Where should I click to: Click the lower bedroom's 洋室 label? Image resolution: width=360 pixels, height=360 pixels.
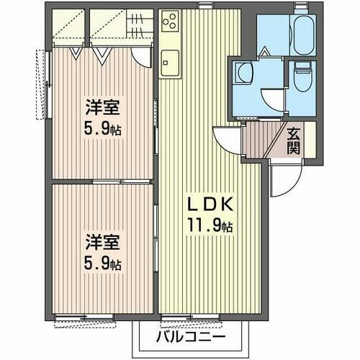coord(102,241)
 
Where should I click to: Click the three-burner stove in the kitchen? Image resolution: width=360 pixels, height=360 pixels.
coord(172,24)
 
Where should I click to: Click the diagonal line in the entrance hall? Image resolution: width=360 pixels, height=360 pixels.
coord(276,141)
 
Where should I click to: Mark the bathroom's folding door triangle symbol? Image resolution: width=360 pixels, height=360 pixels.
coord(264,52)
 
